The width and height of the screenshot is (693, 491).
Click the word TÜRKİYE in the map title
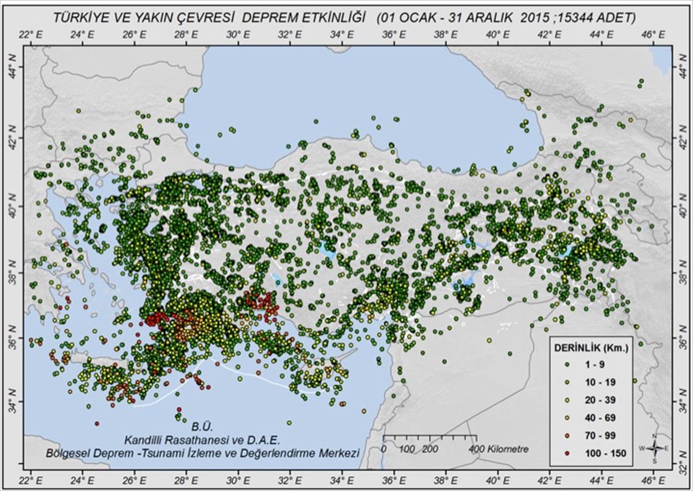pos(81,18)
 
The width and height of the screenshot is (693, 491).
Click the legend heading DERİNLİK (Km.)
pos(591,348)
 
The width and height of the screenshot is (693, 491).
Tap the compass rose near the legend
pos(654,448)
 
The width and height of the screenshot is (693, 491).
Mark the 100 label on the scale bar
pos(407,449)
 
